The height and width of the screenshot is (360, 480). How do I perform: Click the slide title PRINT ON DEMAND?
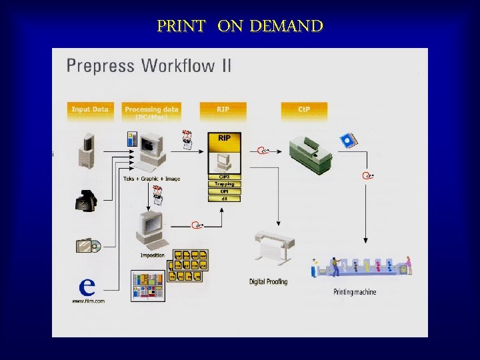click(x=240, y=26)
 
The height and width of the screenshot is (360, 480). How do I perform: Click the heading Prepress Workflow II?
click(x=149, y=67)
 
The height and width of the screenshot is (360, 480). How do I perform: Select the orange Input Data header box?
click(x=90, y=110)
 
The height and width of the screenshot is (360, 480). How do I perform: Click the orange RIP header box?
click(x=223, y=110)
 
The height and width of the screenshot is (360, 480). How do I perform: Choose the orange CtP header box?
click(x=304, y=110)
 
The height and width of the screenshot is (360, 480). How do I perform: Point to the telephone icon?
click(x=87, y=199)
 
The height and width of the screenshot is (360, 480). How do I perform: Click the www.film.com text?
click(x=88, y=301)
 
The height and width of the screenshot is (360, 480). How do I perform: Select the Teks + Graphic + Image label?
click(x=151, y=179)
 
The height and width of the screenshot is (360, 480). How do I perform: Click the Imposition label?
click(x=153, y=255)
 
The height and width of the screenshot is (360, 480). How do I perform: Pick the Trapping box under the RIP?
click(x=225, y=184)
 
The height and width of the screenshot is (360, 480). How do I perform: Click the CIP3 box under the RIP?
click(x=225, y=177)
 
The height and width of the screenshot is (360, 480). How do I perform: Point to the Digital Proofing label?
click(x=269, y=282)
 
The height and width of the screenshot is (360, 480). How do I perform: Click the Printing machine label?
click(x=355, y=292)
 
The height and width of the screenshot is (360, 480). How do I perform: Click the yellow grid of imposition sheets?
click(x=190, y=265)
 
